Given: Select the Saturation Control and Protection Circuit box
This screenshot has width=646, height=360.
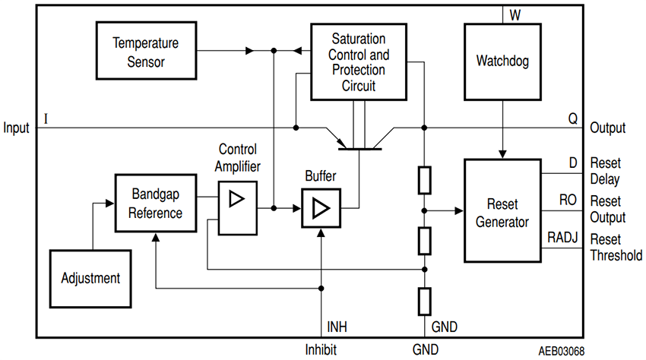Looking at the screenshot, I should coord(359,62).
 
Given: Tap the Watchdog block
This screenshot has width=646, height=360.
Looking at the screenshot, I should coord(502,61).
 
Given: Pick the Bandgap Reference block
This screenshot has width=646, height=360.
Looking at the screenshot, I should coord(155,203).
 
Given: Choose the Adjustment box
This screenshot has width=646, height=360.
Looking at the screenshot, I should coord(90,278).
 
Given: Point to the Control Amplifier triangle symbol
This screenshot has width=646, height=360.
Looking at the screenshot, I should coord(237,199).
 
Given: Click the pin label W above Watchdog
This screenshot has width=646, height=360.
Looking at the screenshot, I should coord(515,14).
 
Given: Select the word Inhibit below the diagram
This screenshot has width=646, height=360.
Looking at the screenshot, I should coord(321,350).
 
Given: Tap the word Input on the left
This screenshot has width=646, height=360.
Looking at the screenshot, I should coord(16,128).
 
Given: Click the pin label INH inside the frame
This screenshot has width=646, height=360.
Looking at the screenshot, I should coord(337,327).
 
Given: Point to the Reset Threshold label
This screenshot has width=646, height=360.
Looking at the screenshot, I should coord(615,248).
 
